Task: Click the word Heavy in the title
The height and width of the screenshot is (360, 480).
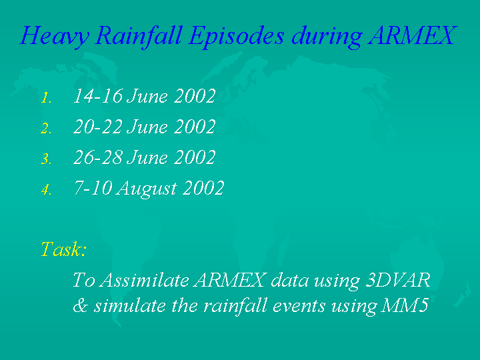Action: click(55, 37)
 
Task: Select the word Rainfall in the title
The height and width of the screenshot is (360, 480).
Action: click(139, 37)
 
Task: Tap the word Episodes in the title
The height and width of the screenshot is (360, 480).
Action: click(236, 37)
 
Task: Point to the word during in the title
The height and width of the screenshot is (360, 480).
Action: click(327, 37)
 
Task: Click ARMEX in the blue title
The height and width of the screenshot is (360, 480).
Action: click(413, 35)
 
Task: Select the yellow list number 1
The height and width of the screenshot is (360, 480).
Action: click(46, 98)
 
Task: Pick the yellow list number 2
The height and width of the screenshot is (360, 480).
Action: click(46, 129)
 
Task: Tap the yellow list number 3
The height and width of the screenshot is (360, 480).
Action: click(46, 159)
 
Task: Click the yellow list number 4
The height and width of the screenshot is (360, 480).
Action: click(46, 190)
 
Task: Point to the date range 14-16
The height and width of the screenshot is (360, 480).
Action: click(98, 96)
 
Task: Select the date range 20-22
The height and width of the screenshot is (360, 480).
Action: click(98, 127)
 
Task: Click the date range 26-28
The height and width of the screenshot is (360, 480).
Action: click(98, 157)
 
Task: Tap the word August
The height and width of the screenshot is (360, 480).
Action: click(146, 189)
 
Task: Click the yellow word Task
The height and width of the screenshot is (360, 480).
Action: click(61, 249)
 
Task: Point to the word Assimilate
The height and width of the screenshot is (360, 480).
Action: click(145, 279)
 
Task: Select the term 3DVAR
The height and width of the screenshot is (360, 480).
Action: click(398, 279)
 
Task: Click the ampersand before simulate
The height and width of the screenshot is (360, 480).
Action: click(80, 305)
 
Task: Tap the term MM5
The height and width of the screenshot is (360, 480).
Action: click(405, 305)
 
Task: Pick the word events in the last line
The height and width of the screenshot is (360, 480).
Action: click(299, 306)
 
